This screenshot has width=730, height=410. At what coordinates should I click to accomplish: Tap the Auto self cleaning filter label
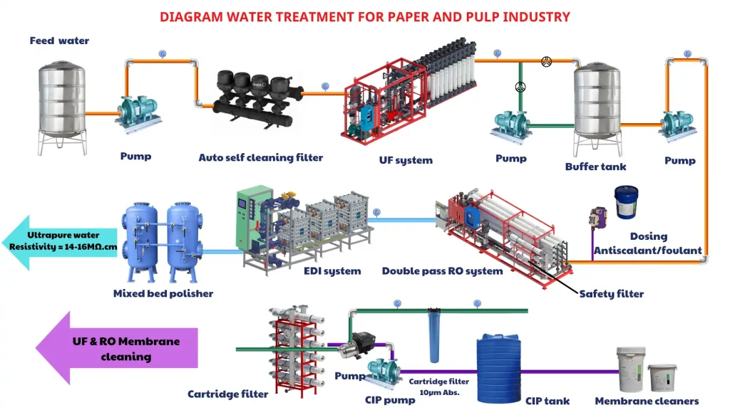(260, 157)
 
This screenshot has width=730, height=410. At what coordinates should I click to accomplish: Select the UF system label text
(406, 160)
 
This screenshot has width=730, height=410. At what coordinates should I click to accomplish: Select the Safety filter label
(611, 293)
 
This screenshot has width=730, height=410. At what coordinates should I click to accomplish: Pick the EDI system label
(332, 271)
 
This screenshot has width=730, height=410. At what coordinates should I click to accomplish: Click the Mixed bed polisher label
(163, 293)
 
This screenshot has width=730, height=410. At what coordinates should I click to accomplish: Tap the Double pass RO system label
(442, 271)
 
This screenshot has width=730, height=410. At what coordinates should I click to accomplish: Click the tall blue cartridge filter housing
(432, 337)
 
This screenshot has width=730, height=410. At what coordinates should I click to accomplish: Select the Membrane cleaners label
(647, 401)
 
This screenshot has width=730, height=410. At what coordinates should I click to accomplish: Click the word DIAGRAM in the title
(186, 16)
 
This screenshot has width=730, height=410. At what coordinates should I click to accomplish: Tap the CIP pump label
(390, 400)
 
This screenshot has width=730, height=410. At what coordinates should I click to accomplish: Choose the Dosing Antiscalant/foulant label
(648, 243)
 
